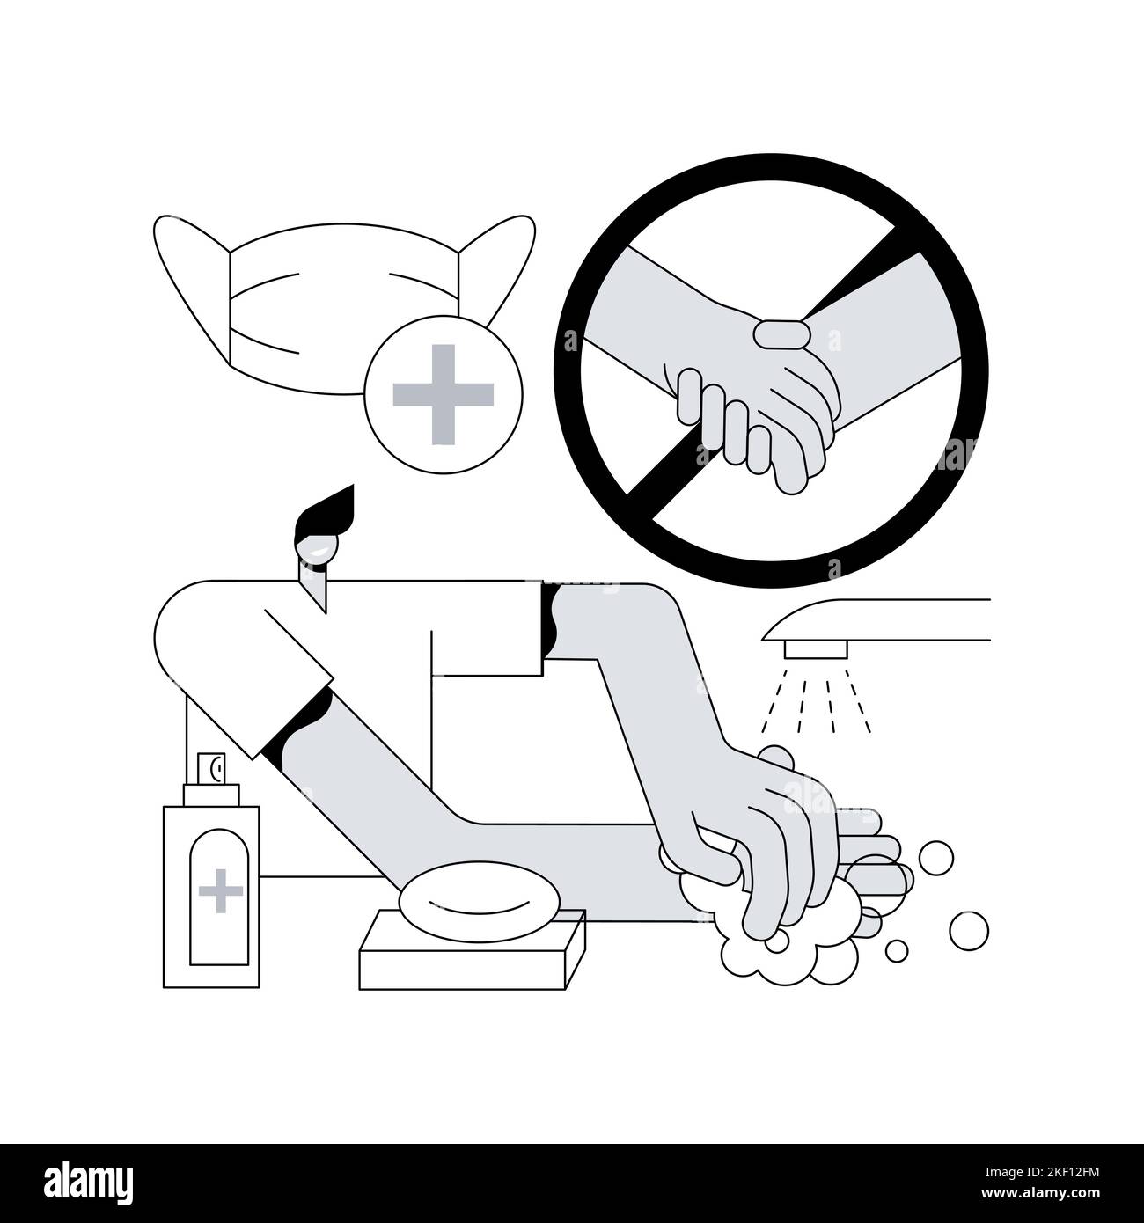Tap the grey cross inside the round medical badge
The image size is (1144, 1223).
coord(444,393)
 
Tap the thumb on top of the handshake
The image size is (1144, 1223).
coord(780,334)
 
